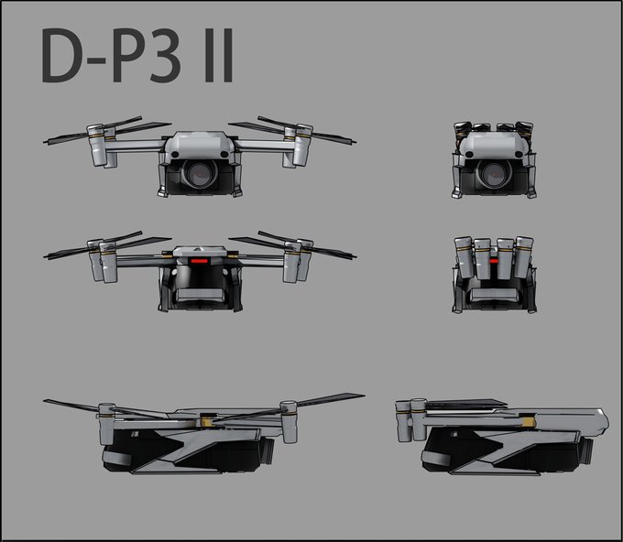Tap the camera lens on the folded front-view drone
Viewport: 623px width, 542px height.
pyautogui.click(x=494, y=173)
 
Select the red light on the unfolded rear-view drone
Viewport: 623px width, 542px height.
pyautogui.click(x=198, y=258)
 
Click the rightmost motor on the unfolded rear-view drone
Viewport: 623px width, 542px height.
pyautogui.click(x=304, y=260)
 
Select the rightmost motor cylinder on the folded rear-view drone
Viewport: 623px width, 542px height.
pyautogui.click(x=523, y=257)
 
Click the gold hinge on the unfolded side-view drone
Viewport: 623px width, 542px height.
pyautogui.click(x=210, y=423)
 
